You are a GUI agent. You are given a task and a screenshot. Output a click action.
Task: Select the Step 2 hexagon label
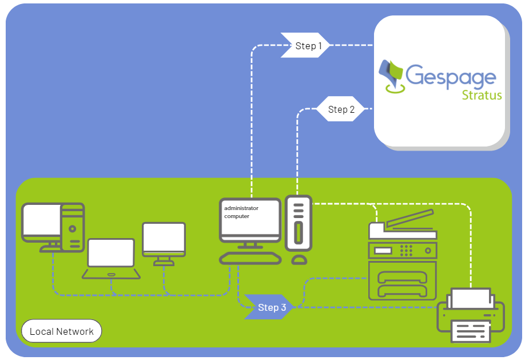[341, 109]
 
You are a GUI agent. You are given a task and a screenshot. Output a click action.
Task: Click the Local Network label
[61, 331]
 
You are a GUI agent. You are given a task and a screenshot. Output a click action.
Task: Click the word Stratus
[482, 95]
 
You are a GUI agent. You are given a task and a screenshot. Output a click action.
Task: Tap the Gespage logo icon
[393, 76]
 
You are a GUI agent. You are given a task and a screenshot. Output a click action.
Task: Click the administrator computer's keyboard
[250, 258]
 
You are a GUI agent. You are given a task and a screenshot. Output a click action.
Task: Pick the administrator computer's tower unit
[298, 223]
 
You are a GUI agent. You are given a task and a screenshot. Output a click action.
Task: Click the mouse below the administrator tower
[299, 260]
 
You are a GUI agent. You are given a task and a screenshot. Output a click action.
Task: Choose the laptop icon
[111, 258]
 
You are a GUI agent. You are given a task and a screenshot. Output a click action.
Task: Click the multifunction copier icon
[403, 258]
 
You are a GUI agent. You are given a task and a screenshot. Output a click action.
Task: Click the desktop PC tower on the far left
[73, 228]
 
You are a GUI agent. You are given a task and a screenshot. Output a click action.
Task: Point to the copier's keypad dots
[406, 250]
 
